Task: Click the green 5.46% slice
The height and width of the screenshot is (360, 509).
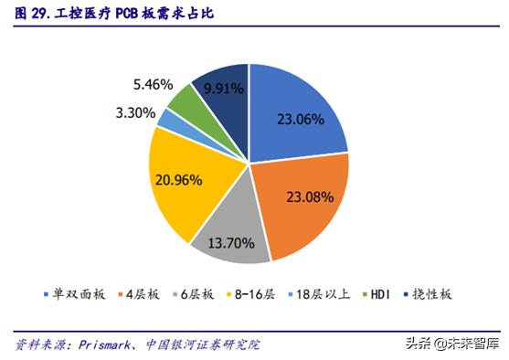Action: [188, 97]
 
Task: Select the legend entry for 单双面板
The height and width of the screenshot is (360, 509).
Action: [74, 295]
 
